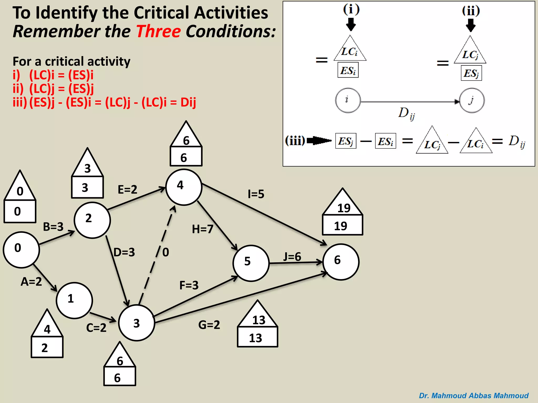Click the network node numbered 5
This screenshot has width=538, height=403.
[251, 263]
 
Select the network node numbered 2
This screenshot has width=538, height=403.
[92, 220]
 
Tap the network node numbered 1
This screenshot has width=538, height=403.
[74, 300]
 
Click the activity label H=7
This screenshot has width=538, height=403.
[203, 229]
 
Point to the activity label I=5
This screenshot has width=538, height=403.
[256, 194]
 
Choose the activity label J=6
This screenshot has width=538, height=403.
[292, 257]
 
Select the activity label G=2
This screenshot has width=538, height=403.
[209, 325]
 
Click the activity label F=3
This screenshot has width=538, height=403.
[189, 285]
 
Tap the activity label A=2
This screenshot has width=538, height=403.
[31, 282]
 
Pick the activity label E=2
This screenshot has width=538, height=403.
[127, 189]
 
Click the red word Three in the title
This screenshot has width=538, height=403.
[158, 31]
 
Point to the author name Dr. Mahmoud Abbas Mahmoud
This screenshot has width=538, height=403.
[474, 395]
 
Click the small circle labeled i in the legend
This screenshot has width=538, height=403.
[348, 100]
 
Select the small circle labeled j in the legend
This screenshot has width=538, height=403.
[472, 100]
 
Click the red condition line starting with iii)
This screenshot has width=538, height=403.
[104, 102]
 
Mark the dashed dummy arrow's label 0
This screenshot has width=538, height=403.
[166, 252]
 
